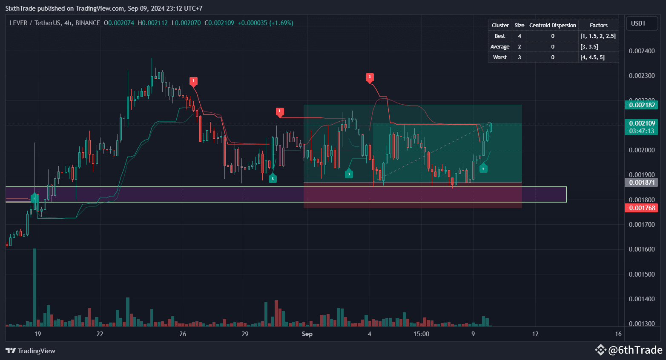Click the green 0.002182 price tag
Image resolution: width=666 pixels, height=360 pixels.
coord(641,105)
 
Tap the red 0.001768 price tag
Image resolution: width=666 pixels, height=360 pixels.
coord(641,208)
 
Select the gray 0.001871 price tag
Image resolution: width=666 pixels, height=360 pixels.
coord(641,182)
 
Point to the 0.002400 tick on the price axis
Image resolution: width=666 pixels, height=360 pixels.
coord(642,51)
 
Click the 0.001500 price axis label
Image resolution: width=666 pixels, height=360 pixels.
coord(642,274)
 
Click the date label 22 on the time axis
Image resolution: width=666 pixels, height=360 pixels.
coord(100,334)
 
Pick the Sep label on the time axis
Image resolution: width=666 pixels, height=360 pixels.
coord(307,334)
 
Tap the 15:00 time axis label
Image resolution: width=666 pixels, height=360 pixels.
coord(421,334)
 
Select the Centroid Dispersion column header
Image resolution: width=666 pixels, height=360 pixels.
coord(552,26)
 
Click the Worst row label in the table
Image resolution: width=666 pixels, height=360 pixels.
coord(499,57)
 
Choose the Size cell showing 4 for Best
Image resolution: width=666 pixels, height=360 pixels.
coord(519,36)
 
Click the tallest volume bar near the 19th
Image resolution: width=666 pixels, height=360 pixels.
coord(34,287)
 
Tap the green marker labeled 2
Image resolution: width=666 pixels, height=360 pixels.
coord(483,169)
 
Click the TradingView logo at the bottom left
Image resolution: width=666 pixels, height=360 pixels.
coord(31,351)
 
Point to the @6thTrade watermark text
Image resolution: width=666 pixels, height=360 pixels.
coord(635,350)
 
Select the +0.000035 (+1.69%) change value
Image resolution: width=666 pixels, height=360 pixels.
coord(265,23)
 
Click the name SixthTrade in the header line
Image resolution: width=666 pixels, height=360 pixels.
coord(20,9)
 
